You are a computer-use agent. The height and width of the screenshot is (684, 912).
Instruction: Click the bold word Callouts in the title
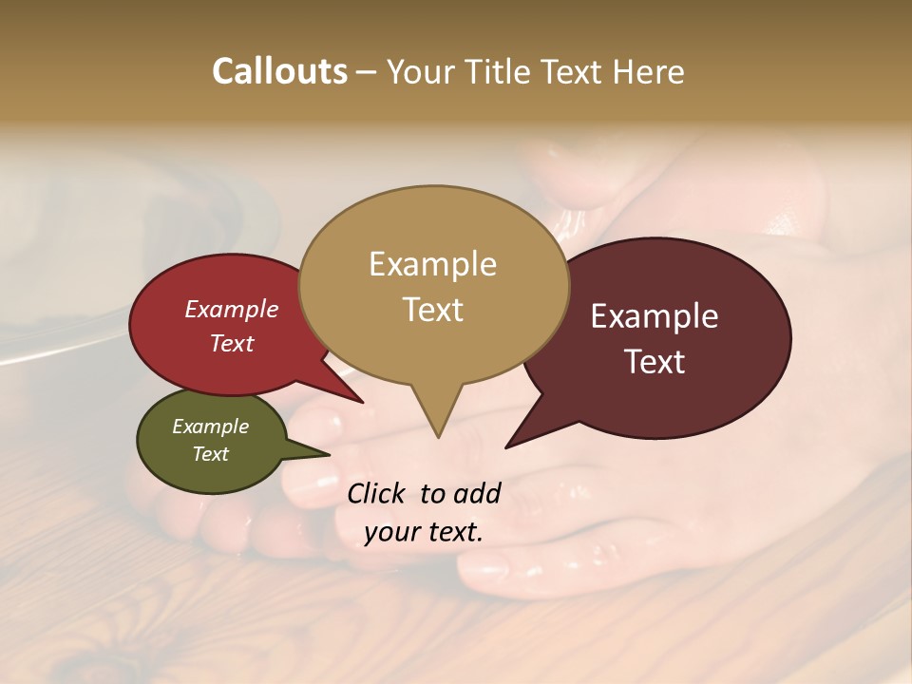(x=279, y=71)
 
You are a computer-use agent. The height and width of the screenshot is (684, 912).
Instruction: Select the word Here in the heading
(x=650, y=71)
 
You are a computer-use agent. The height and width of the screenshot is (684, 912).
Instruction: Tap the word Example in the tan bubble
(x=432, y=264)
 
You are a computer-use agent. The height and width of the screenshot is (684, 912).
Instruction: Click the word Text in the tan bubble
(x=432, y=310)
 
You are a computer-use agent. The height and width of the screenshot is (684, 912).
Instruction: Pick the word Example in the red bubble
(x=231, y=309)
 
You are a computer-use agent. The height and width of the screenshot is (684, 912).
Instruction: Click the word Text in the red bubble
(x=231, y=343)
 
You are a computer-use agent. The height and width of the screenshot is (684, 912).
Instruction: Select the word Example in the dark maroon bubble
(x=655, y=316)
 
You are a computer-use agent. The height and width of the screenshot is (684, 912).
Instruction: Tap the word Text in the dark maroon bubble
(x=655, y=362)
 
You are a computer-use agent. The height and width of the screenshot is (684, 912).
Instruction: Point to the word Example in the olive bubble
(x=210, y=427)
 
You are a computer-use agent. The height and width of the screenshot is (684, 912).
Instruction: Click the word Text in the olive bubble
(x=210, y=454)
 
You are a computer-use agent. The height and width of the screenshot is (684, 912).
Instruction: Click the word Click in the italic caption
(x=377, y=493)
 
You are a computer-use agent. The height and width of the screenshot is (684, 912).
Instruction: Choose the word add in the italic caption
(x=478, y=493)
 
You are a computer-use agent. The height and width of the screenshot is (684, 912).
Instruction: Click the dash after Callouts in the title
(x=366, y=72)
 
